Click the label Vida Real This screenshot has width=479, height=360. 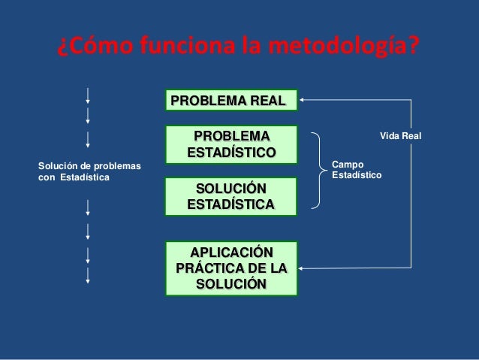(401, 136)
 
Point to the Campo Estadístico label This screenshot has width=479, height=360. (357, 169)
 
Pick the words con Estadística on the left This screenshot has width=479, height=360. (73, 177)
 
